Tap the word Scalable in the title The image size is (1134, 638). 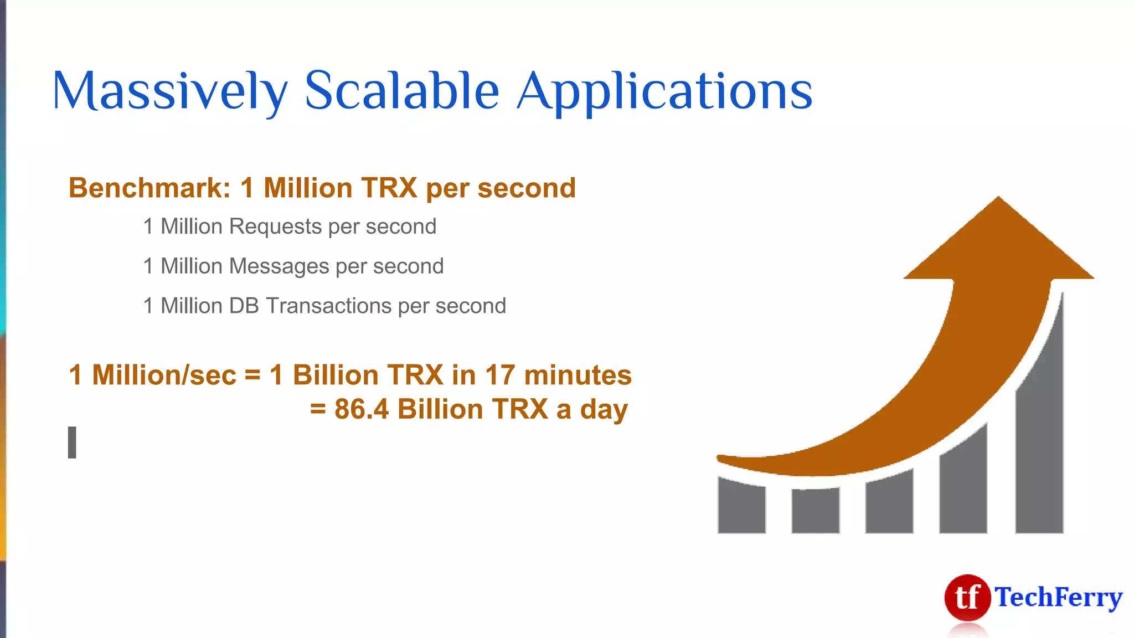401,91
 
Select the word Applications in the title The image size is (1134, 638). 664,91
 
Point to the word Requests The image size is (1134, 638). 275,227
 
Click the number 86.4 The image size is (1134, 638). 362,409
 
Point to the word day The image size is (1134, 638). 604,410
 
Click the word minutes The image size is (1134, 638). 578,375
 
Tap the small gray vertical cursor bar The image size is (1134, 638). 72,443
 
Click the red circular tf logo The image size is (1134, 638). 967,598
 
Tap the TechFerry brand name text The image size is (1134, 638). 1058,598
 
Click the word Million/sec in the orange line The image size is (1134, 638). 164,375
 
